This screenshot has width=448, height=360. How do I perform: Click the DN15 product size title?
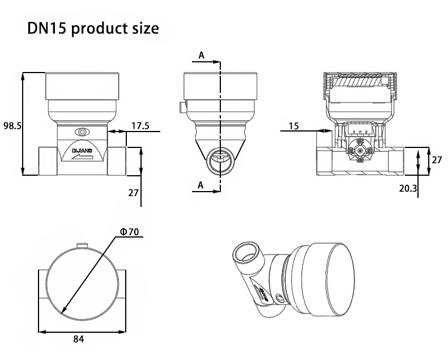click(x=93, y=28)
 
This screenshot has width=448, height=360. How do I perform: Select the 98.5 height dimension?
click(x=12, y=126)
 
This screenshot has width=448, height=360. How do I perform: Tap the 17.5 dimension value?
click(x=140, y=126)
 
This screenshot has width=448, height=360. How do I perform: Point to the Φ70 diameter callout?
click(x=130, y=232)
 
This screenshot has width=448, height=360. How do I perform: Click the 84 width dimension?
click(x=79, y=339)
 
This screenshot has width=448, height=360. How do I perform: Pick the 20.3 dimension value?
click(x=408, y=188)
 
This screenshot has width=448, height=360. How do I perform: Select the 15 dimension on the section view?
click(x=294, y=126)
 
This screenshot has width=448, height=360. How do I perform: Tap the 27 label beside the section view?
click(x=437, y=160)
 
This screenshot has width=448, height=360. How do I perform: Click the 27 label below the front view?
click(x=133, y=193)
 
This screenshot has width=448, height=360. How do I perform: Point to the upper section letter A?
click(x=202, y=55)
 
